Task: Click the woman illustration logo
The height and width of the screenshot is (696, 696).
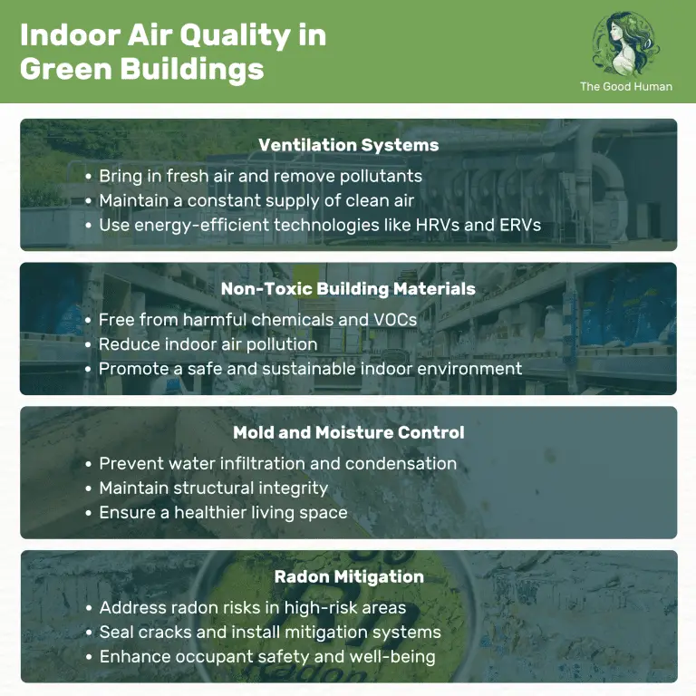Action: point(626,43)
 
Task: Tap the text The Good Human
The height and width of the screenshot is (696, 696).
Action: point(626,87)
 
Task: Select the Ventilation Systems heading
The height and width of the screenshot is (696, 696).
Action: point(348,145)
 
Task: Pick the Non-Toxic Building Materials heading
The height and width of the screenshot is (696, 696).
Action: point(348,289)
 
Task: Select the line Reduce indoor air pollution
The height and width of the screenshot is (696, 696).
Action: point(208,343)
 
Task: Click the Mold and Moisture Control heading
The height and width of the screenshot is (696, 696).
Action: point(348,432)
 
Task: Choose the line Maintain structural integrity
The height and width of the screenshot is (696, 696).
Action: point(213,488)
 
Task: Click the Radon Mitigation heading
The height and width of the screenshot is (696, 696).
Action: point(348,576)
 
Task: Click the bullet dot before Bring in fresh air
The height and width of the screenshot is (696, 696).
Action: point(88,176)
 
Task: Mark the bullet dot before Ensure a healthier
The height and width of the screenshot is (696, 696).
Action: point(88,513)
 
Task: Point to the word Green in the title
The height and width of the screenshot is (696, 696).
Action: point(59,69)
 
